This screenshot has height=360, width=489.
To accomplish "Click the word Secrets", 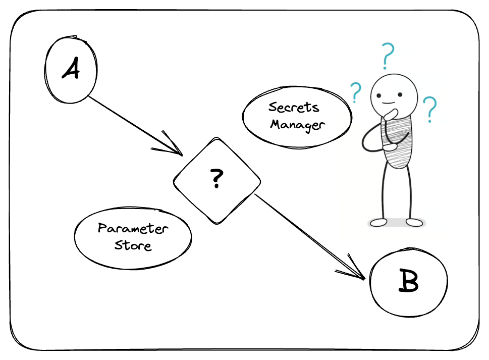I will click(294, 108).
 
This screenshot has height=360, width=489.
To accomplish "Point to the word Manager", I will click(296, 125).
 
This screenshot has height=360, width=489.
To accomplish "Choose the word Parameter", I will click(133, 229).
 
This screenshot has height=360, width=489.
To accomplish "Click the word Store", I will click(133, 246).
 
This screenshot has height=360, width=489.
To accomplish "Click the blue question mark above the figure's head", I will click(387, 56).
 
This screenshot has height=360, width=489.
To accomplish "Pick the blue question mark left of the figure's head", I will click(356, 92).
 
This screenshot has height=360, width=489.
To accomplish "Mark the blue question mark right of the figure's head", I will click(430, 110).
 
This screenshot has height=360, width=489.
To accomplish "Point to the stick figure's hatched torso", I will click(397, 141).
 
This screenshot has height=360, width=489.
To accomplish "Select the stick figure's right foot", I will click(415, 222).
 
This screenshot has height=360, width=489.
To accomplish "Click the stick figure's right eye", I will click(399, 94).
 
